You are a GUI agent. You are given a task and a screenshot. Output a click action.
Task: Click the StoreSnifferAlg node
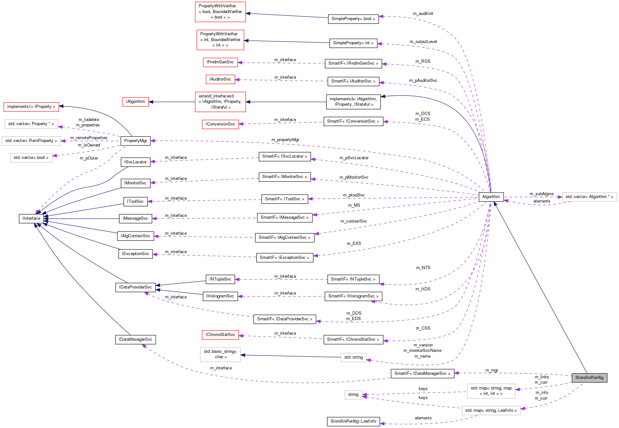click(x=589, y=378)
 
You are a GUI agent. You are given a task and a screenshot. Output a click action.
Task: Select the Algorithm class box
click(x=491, y=197)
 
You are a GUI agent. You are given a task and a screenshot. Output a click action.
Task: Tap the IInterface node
click(x=31, y=218)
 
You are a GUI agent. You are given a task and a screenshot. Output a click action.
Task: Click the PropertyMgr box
click(x=135, y=141)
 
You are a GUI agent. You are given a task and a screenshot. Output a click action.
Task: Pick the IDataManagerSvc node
click(x=135, y=339)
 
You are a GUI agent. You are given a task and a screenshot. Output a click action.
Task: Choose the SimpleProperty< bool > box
click(x=353, y=19)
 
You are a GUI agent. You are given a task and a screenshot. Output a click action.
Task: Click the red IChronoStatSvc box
click(x=220, y=335)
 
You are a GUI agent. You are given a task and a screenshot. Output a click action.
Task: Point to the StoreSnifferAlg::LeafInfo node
click(x=353, y=421)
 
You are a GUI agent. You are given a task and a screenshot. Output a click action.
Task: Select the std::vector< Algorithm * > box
click(x=589, y=197)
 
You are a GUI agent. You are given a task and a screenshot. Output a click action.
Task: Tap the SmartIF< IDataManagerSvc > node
click(x=422, y=374)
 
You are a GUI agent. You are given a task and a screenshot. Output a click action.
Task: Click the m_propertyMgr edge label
click(x=285, y=140)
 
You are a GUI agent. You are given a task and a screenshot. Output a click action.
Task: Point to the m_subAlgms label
click(x=541, y=194)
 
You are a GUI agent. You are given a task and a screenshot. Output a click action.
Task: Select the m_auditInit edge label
click(x=423, y=14)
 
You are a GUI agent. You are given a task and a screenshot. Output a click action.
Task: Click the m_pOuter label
click(x=89, y=158)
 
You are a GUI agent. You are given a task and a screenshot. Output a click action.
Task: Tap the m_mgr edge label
click(x=492, y=370)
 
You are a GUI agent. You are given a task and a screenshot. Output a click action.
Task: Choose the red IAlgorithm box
click(x=135, y=102)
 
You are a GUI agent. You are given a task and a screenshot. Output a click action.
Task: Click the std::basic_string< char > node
click(x=220, y=354)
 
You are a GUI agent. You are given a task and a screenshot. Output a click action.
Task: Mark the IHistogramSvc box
click(x=220, y=296)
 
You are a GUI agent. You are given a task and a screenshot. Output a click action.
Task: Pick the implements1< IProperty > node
click(x=31, y=107)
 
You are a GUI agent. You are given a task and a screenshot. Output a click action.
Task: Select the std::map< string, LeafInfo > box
click(x=491, y=410)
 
